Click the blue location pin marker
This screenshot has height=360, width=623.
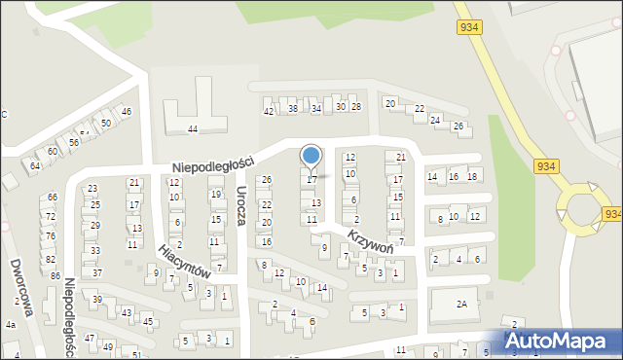pos(311,156)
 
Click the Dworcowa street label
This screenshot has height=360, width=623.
pos(23,288)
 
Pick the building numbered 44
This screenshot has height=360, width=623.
pos(193,128)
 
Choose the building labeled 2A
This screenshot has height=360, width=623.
pos(462,304)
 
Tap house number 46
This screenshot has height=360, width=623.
pos(127,112)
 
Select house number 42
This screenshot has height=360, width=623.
pos(269,111)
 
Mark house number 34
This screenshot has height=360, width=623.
pos(315,108)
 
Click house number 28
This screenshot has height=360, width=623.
pos(356,106)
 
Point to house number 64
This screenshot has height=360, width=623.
pos(34,166)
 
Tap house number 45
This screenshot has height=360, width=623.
pos(148,321)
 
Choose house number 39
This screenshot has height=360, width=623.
pos(97,299)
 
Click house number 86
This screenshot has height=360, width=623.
pos(55,276)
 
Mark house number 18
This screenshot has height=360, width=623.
pos(472,176)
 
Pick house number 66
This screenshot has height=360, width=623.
pos(53,198)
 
